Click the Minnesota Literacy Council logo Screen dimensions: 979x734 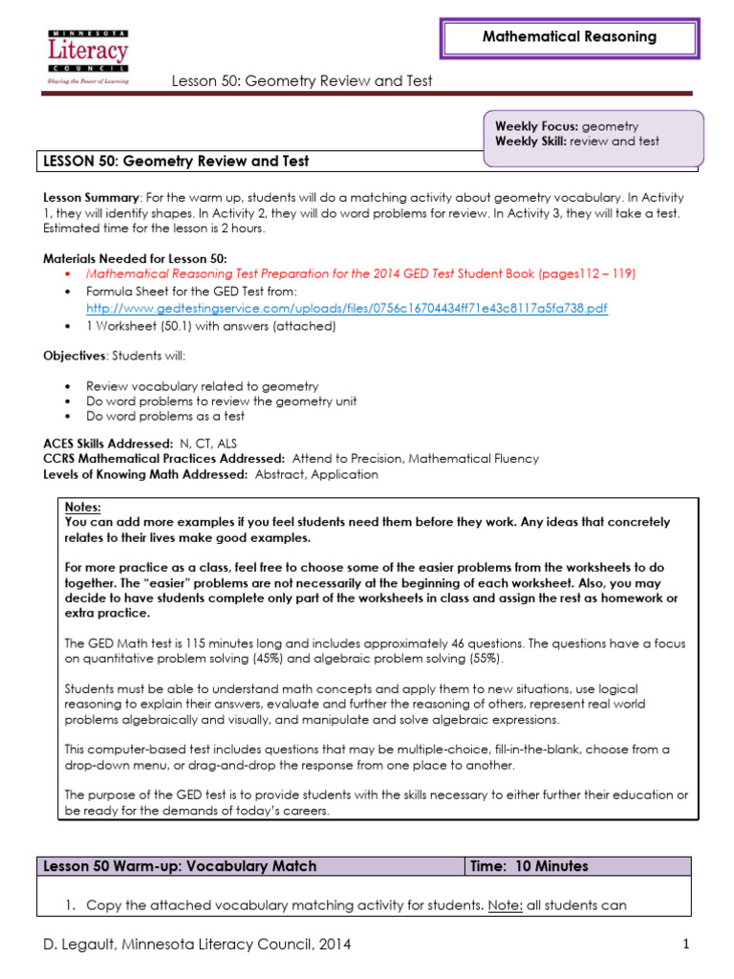[87, 56]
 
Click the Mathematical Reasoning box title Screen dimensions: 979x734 [569, 37]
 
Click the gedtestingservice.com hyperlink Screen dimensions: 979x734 [346, 309]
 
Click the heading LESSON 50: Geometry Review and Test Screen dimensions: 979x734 [176, 162]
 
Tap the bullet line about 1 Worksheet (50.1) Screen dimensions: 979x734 [210, 326]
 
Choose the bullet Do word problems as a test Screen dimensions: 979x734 [164, 417]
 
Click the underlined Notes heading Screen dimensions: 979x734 [82, 508]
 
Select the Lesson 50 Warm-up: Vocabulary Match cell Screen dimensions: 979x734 [180, 866]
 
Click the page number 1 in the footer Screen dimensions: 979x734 [686, 945]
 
